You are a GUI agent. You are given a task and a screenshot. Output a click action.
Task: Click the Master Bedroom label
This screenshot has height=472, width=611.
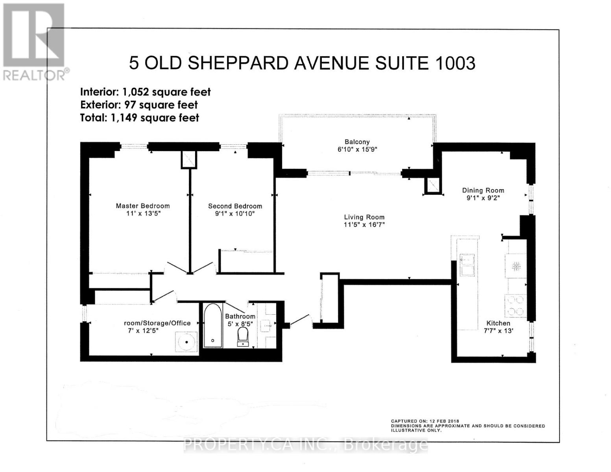[142, 206]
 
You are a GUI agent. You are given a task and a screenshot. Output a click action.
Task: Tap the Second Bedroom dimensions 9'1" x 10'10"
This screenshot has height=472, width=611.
[235, 214]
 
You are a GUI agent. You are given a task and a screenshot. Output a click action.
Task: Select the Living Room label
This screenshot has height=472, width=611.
[364, 217]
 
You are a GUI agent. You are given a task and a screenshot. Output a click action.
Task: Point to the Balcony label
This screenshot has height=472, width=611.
[357, 142]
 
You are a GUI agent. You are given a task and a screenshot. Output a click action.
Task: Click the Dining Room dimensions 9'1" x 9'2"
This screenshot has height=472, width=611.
[483, 198]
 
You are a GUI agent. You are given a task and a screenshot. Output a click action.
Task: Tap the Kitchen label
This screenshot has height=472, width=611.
[498, 323]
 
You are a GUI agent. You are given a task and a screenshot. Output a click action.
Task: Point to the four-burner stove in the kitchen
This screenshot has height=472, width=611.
[515, 306]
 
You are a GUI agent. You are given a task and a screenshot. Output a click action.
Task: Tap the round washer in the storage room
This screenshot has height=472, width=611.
[186, 341]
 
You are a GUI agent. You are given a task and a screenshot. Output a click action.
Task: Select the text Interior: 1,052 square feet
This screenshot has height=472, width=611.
[145, 92]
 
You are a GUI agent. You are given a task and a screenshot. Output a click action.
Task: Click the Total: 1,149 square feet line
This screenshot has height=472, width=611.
[139, 118]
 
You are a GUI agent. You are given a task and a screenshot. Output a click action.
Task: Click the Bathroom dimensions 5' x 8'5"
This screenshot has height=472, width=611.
[240, 324]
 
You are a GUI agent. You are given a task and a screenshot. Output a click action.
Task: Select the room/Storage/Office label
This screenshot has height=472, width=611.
[157, 323]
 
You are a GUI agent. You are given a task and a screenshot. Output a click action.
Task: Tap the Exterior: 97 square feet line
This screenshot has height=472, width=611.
[138, 105]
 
